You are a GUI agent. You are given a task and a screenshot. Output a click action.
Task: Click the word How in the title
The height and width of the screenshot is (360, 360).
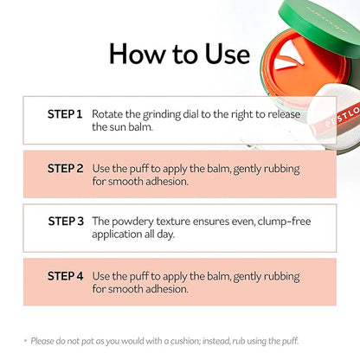click(x=138, y=54)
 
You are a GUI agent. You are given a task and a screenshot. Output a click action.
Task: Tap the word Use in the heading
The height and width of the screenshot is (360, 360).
click(x=228, y=54)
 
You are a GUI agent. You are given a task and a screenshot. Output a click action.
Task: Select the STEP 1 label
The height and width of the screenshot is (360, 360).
click(x=65, y=114)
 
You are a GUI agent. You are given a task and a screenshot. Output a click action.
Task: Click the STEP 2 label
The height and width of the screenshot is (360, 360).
click(x=65, y=169)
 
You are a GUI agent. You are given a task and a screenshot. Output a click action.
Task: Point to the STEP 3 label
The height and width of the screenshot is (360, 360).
click(x=66, y=222)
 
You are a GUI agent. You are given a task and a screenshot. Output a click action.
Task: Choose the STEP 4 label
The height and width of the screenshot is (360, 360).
click(x=65, y=276)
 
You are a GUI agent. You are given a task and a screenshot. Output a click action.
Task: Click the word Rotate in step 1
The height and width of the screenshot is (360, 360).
click(x=107, y=114)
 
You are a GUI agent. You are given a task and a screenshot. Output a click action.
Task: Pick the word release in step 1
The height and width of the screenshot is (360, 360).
click(x=284, y=114)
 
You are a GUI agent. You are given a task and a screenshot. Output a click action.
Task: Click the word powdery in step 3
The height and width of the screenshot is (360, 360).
click(x=132, y=222)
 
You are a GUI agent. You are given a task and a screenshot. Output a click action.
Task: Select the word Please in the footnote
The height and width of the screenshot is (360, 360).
click(x=42, y=341)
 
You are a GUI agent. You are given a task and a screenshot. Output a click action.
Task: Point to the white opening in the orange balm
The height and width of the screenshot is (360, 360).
click(x=287, y=59)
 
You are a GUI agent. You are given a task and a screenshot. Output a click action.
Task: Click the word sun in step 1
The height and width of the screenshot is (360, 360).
click(x=118, y=127)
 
